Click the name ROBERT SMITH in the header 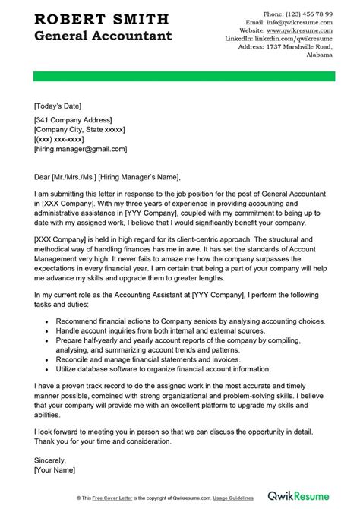click(x=96, y=19)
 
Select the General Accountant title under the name click(x=103, y=36)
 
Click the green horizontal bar click(x=179, y=77)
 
